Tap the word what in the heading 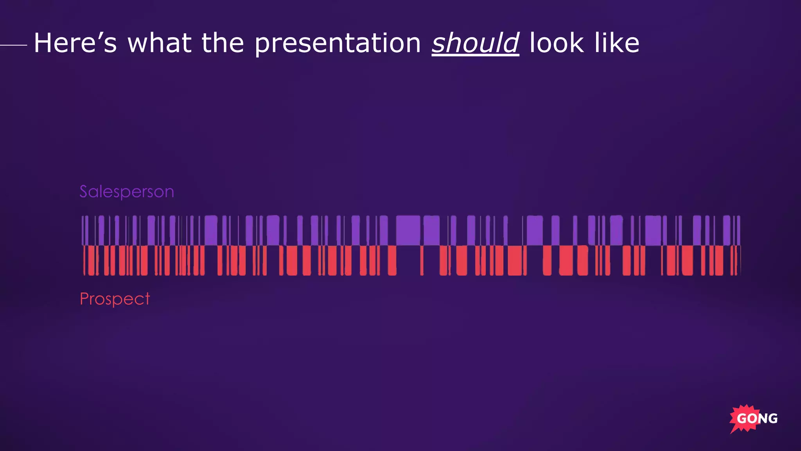(159, 43)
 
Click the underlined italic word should (475, 43)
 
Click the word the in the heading (223, 43)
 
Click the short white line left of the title (13, 45)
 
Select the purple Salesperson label (127, 192)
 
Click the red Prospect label (115, 299)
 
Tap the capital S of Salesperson (83, 191)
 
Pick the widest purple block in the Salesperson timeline (408, 230)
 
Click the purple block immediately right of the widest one (431, 230)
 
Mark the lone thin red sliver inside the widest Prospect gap (422, 260)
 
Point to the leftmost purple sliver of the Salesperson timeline (83, 230)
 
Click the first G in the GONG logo (742, 419)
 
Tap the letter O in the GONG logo (753, 419)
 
